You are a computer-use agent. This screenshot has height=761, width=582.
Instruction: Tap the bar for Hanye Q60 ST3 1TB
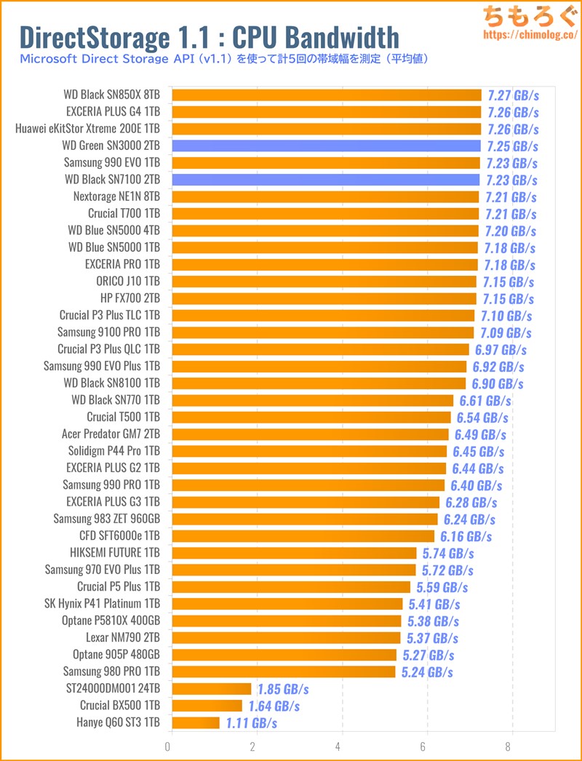[x=194, y=722]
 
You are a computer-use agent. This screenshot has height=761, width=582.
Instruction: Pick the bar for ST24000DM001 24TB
[x=210, y=688]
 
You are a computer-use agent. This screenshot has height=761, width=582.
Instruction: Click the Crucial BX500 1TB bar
[x=206, y=705]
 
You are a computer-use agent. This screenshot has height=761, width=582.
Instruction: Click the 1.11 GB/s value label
[x=251, y=722]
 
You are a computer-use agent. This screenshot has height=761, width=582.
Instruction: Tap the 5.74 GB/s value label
[x=448, y=553]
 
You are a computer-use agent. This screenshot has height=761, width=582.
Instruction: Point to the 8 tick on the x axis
[x=511, y=746]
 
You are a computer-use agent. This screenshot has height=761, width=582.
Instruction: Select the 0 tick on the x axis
[x=168, y=746]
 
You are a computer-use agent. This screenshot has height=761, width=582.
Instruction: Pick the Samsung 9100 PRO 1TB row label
[x=109, y=332]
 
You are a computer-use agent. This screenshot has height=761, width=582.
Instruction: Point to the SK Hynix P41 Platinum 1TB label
[x=103, y=604]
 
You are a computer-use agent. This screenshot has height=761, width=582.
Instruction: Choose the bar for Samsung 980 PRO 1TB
[x=282, y=672]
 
